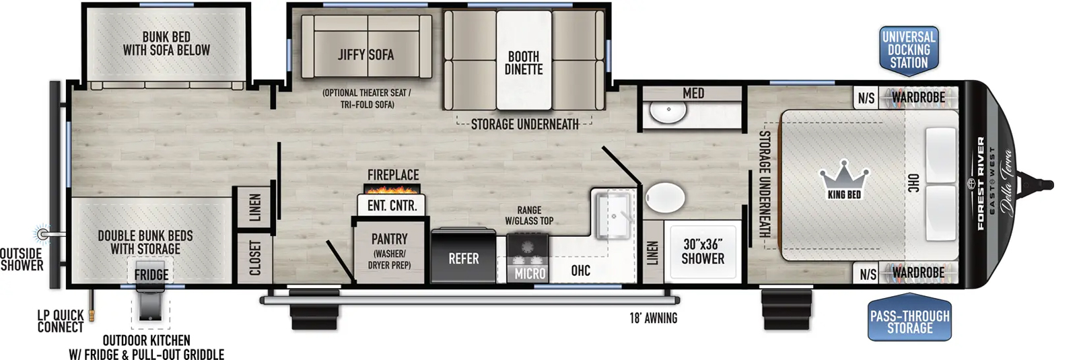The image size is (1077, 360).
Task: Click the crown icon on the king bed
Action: point(844,177)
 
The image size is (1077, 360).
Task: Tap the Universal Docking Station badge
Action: point(909,50)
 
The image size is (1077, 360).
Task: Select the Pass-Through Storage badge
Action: point(909,322)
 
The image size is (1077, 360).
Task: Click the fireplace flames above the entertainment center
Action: point(393,189)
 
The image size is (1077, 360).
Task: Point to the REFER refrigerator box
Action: point(464,258)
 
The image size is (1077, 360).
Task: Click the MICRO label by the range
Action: point(530,273)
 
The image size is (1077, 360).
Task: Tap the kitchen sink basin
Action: point(613,215)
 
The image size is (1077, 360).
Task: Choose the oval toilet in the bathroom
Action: point(665,199)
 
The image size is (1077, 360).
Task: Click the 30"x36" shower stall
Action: point(703,252)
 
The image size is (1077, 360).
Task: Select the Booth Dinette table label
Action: point(524,63)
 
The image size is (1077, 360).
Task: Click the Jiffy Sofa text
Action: point(366,55)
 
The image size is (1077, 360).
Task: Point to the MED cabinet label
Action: point(693,94)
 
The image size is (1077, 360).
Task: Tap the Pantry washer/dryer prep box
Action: point(389,251)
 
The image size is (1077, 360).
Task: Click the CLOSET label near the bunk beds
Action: point(255,258)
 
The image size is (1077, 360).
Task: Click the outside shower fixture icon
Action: point(44,233)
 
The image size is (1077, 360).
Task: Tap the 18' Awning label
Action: point(653,318)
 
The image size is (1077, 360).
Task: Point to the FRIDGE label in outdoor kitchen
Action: point(151,275)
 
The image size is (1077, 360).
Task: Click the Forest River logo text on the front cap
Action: point(980,183)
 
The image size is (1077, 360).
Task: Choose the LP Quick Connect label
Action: point(61,321)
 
